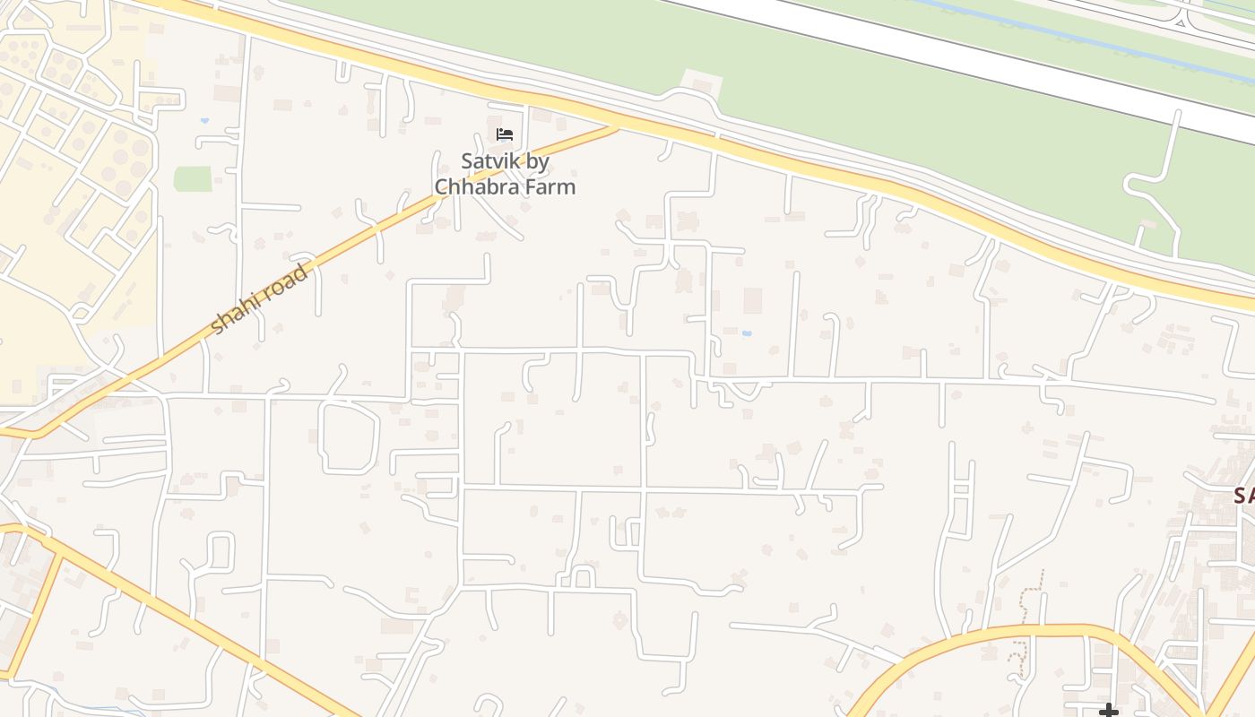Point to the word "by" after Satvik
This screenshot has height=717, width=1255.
(x=536, y=162)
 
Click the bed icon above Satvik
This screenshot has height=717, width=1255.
(x=505, y=134)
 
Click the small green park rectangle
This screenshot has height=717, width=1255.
(x=193, y=179)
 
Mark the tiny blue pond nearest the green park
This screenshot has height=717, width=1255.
(x=204, y=120)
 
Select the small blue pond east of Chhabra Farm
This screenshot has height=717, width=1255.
(x=746, y=333)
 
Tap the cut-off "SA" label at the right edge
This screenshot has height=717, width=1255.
(x=1244, y=495)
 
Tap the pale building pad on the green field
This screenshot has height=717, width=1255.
(x=702, y=82)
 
